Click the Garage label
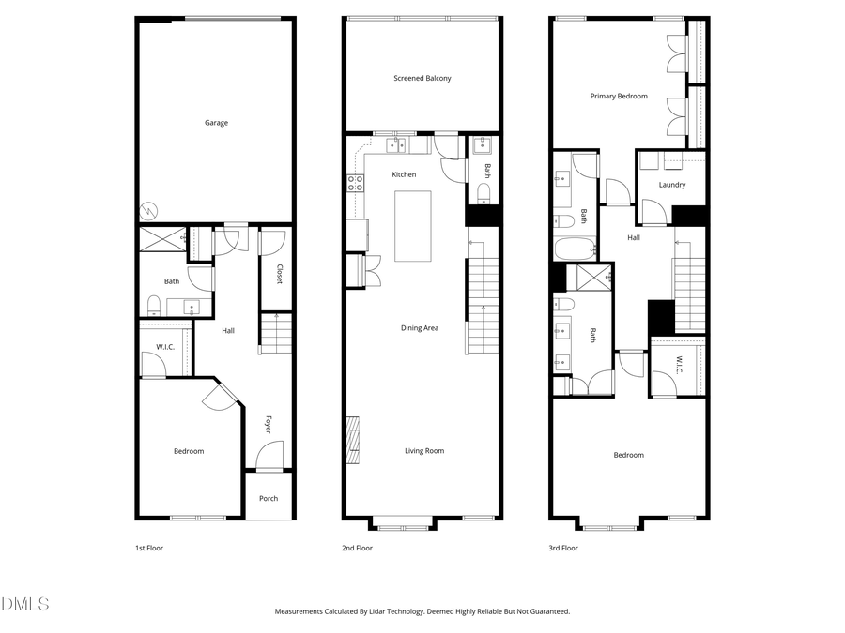point(216,123)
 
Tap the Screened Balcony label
point(422,78)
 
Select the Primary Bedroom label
point(619,96)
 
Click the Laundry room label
point(671,185)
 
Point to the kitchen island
point(412,226)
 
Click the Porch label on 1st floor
point(269,498)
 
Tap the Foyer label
point(269,423)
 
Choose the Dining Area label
point(420,327)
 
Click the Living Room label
point(424,451)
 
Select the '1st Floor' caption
point(150,548)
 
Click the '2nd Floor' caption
point(358,548)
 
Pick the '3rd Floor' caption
point(563,548)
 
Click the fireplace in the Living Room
point(352,441)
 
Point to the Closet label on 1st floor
point(280,274)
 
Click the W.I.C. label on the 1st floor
point(165,348)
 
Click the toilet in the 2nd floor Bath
point(483,192)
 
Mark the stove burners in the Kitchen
point(356,183)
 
